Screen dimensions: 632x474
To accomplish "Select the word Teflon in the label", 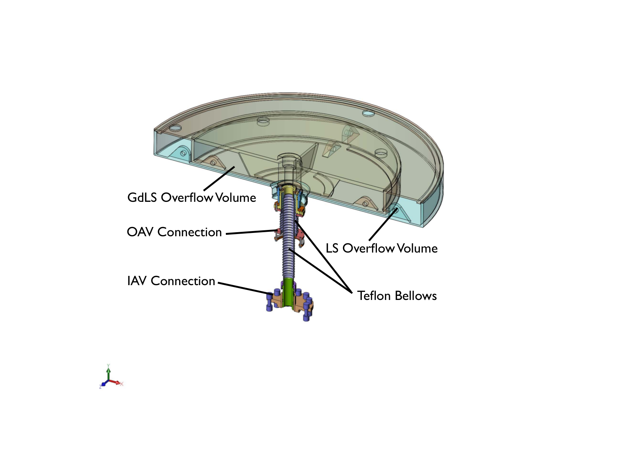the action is pyautogui.click(x=374, y=296).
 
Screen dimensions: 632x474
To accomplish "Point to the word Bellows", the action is pyautogui.click(x=416, y=296).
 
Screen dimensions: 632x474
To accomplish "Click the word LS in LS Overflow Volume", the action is pyautogui.click(x=332, y=248).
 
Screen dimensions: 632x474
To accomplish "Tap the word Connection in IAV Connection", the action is pyautogui.click(x=183, y=281).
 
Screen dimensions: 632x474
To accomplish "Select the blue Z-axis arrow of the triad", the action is pyautogui.click(x=104, y=384).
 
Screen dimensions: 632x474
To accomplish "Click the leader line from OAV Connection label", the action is pyautogui.click(x=251, y=232).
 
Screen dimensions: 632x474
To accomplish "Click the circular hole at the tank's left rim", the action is pyautogui.click(x=175, y=128).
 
